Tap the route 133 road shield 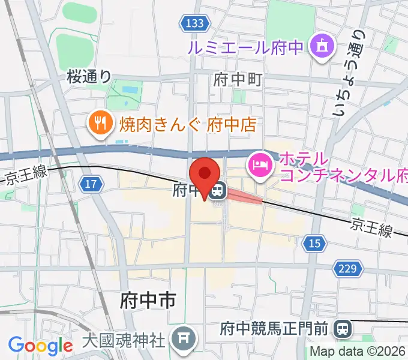[194, 23]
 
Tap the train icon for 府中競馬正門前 [343, 328]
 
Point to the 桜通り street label [89, 76]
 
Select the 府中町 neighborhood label [238, 79]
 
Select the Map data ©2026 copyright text [359, 352]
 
